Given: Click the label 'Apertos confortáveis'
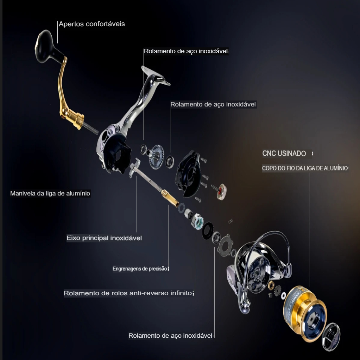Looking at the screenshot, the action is [92, 24].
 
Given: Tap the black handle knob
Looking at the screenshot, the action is [47, 47].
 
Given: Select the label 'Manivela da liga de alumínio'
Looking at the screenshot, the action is [50, 193].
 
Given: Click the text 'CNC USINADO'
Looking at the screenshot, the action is [284, 153].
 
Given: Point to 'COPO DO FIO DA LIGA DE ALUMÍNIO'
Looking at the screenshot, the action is [305, 168].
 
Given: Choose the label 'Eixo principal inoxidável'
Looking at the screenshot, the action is [104, 238].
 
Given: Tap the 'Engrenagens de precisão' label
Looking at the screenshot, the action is [140, 269].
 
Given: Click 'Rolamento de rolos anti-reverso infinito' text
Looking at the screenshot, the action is [128, 293].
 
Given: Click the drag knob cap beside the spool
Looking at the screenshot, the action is [331, 337].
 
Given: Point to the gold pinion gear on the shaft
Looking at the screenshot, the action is [170, 198].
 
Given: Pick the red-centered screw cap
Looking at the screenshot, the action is [221, 192].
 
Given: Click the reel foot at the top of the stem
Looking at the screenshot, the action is [156, 76].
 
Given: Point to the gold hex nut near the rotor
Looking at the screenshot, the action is [271, 285].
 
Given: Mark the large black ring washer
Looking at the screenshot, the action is [208, 231].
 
